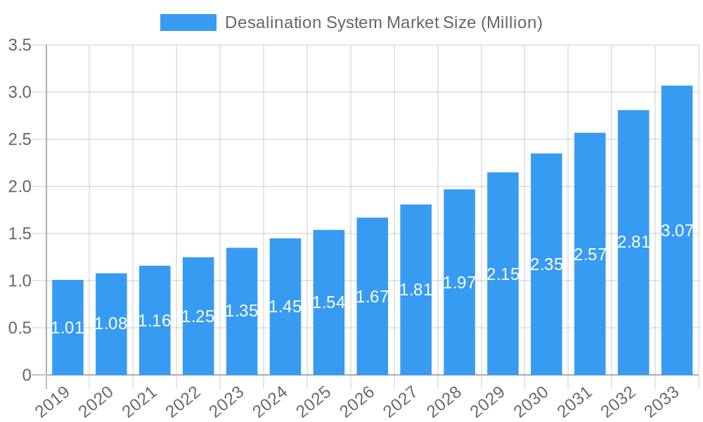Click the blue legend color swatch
tap(188, 23)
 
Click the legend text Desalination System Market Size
tap(383, 23)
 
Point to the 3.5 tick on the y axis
tap(20, 46)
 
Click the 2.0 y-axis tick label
tap(20, 186)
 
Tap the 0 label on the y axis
tap(27, 375)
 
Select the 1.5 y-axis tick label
tap(20, 234)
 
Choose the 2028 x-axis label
tap(444, 403)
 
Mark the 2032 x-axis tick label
tap(619, 403)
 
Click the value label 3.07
tap(678, 231)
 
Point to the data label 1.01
tap(67, 328)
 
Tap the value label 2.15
tap(503, 274)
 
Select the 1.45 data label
tap(285, 307)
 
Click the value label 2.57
tap(591, 255)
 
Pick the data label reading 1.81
tap(416, 290)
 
